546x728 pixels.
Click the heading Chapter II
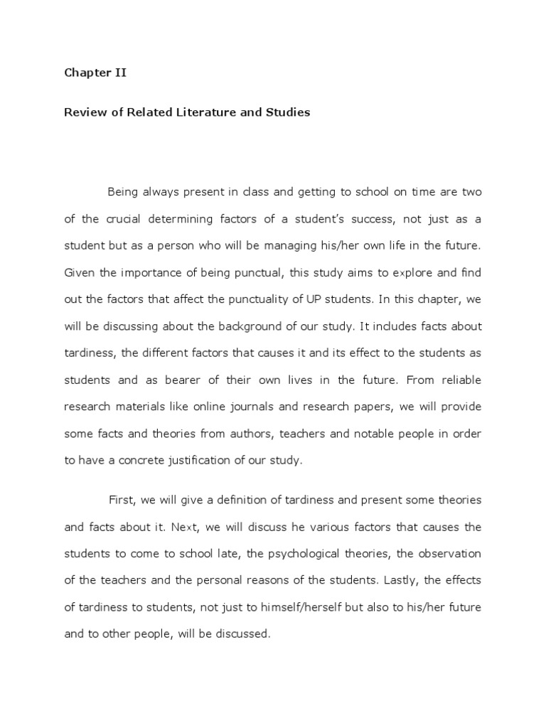pyautogui.click(x=95, y=73)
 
